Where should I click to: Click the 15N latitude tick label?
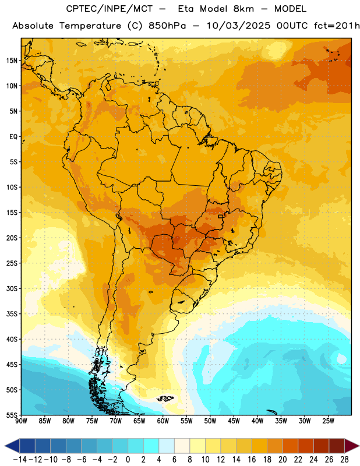pyautogui.click(x=12, y=61)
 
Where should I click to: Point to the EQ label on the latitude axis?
pyautogui.click(x=13, y=137)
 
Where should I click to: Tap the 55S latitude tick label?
pyautogui.click(x=12, y=415)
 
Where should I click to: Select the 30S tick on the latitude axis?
pyautogui.click(x=12, y=288)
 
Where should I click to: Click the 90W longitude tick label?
pyautogui.click(x=21, y=421)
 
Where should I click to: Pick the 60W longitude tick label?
pyautogui.click(x=163, y=421)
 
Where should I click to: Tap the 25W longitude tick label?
pyautogui.click(x=328, y=421)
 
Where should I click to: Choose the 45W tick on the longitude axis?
pyautogui.click(x=234, y=421)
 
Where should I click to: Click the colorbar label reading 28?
pyautogui.click(x=344, y=460)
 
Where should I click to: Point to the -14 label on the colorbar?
pyautogui.click(x=20, y=460)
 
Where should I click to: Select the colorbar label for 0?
pyautogui.click(x=128, y=460)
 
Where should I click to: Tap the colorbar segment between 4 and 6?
pyautogui.click(x=167, y=446)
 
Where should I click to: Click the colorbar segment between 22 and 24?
pyautogui.click(x=306, y=446)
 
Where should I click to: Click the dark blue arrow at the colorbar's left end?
pyautogui.click(x=12, y=446)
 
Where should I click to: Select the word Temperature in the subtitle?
pyautogui.click(x=90, y=26)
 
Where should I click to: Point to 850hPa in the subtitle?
pyautogui.click(x=167, y=26)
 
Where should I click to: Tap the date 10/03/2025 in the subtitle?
pyautogui.click(x=239, y=26)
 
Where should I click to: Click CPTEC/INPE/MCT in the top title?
pyautogui.click(x=110, y=9)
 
